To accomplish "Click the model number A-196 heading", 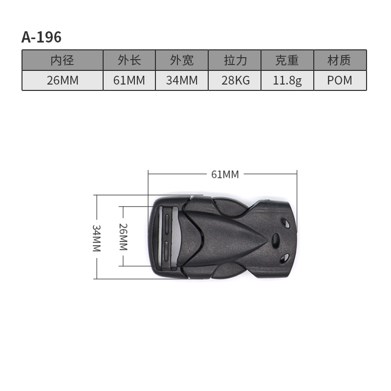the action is tap(42, 37).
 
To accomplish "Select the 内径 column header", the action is tap(63, 60).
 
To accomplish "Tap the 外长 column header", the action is tap(129, 60).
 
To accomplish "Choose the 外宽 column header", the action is tap(182, 60).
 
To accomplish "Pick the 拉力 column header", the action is tap(235, 60).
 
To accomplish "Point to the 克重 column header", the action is tap(287, 60).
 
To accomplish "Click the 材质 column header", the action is tap(340, 60).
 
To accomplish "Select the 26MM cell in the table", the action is tap(63, 80).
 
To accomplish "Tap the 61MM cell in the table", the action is tap(129, 80).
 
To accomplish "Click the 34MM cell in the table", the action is tap(182, 80).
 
